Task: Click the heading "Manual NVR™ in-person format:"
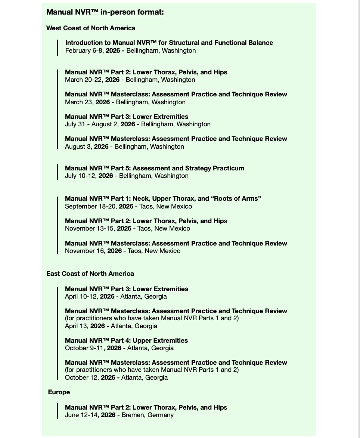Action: pos(105,12)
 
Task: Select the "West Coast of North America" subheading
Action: pos(91,28)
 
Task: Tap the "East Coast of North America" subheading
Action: pos(90,274)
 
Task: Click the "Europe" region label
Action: pos(59,392)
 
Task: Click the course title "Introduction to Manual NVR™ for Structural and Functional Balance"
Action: pos(169,43)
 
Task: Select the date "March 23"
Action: pos(78,102)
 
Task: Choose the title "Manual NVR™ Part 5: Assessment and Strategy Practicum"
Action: pos(155,168)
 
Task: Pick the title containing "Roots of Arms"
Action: pos(163,198)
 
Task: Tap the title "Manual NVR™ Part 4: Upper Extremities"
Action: pos(126,340)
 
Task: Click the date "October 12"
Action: pos(81,377)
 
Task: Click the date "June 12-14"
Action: pos(81,415)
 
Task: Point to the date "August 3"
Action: pos(78,146)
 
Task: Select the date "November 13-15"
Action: pos(89,228)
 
